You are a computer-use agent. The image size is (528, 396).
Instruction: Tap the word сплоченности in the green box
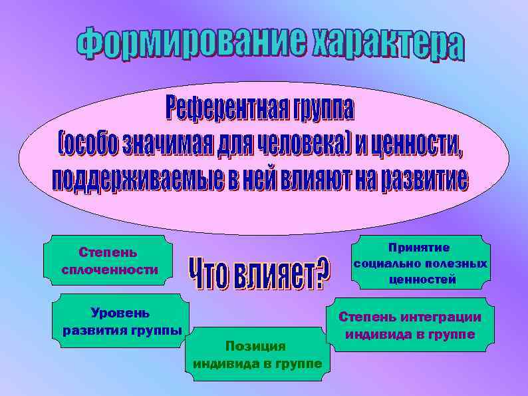tap(109, 270)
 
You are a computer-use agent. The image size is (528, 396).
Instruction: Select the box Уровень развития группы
tap(120, 321)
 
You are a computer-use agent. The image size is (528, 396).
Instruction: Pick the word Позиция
tap(255, 346)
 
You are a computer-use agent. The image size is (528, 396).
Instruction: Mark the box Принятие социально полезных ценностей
tap(420, 264)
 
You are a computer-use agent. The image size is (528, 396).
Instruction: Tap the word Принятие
tap(420, 248)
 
